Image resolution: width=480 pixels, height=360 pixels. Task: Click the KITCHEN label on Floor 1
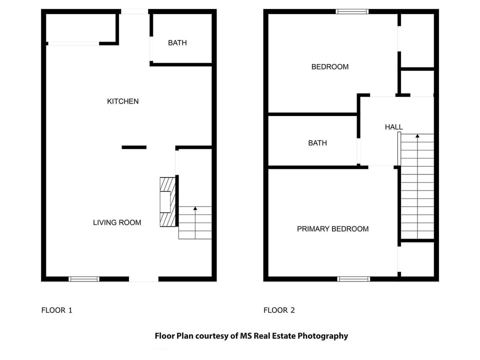pyautogui.click(x=122, y=101)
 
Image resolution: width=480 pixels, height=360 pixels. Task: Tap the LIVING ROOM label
pyautogui.click(x=117, y=222)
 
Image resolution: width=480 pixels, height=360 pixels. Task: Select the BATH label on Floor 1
pyautogui.click(x=177, y=43)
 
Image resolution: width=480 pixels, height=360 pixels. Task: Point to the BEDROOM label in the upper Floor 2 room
pyautogui.click(x=329, y=67)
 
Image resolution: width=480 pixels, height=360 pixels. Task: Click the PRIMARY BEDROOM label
pyautogui.click(x=332, y=229)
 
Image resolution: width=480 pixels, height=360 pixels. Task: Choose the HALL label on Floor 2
pyautogui.click(x=393, y=127)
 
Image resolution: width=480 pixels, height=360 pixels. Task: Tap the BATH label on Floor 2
pyautogui.click(x=317, y=143)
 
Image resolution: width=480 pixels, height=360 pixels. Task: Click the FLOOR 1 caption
pyautogui.click(x=56, y=310)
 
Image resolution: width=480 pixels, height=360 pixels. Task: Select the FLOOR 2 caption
pyautogui.click(x=279, y=310)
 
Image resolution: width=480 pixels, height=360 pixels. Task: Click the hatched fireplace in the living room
pyautogui.click(x=167, y=202)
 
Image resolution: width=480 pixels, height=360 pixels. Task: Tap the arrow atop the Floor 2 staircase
pyautogui.click(x=417, y=136)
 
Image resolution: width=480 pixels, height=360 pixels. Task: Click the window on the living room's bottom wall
pyautogui.click(x=83, y=279)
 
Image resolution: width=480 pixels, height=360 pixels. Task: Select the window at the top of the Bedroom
pyautogui.click(x=352, y=11)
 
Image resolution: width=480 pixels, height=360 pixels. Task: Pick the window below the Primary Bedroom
pyautogui.click(x=353, y=279)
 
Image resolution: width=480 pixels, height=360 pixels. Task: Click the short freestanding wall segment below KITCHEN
pyautogui.click(x=134, y=147)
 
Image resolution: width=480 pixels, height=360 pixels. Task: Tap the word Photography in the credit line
pyautogui.click(x=322, y=336)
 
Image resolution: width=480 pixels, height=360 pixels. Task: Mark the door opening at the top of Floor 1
pyautogui.click(x=134, y=11)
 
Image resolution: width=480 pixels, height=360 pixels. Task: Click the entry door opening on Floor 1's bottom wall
pyautogui.click(x=143, y=279)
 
